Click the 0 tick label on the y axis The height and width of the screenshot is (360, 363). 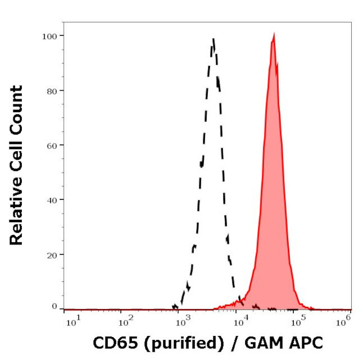(54, 306)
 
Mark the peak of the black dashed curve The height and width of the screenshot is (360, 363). (213, 39)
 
